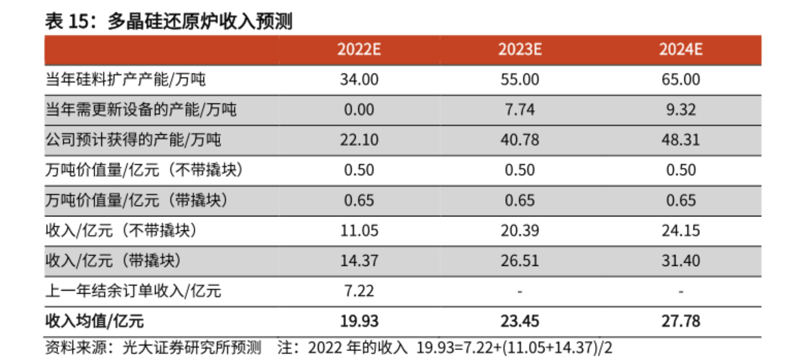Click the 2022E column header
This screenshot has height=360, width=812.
tap(359, 49)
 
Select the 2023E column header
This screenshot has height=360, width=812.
tap(520, 49)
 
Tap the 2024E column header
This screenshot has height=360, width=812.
tap(681, 49)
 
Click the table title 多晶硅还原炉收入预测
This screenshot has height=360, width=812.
tap(200, 21)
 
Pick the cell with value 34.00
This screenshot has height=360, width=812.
tap(359, 79)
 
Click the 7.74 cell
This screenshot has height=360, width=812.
tap(520, 110)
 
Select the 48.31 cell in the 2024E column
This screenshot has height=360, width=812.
tap(681, 140)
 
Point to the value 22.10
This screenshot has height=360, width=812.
tap(359, 140)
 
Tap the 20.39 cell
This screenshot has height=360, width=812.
tap(520, 231)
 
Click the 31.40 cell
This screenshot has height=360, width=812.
tap(681, 261)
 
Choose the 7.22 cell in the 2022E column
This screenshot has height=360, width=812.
tap(359, 291)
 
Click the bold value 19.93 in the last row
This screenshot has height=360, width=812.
tap(359, 321)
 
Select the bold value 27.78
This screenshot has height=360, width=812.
tap(681, 321)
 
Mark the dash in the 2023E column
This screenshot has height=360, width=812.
tap(520, 291)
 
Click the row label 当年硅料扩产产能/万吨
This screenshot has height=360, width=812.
tap(126, 79)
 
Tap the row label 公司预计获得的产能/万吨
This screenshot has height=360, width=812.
tap(133, 140)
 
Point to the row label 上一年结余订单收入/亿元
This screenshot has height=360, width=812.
tap(133, 291)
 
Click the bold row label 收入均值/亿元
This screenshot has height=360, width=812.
tap(95, 321)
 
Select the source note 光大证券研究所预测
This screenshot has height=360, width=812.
tap(192, 348)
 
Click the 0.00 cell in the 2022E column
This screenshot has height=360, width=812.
tap(359, 110)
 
